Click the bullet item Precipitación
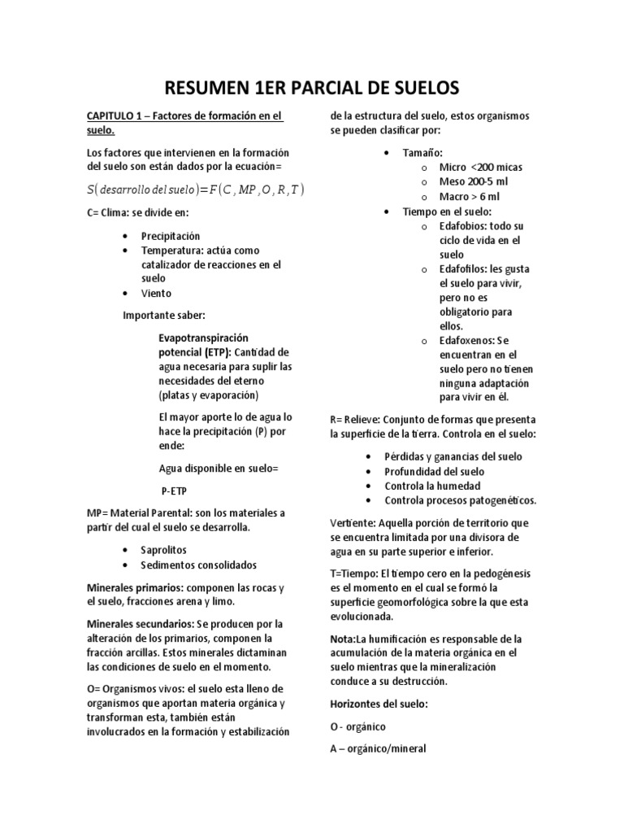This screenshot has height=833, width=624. click(170, 236)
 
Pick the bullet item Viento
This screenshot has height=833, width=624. click(156, 293)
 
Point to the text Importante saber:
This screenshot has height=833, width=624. click(163, 315)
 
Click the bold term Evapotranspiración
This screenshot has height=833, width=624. click(203, 337)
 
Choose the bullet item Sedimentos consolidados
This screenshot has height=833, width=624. click(199, 565)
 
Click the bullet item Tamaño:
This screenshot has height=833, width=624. click(422, 152)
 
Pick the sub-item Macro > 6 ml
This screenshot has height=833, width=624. click(470, 196)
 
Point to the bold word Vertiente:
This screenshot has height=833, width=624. click(358, 522)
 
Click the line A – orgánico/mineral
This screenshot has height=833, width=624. click(378, 748)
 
